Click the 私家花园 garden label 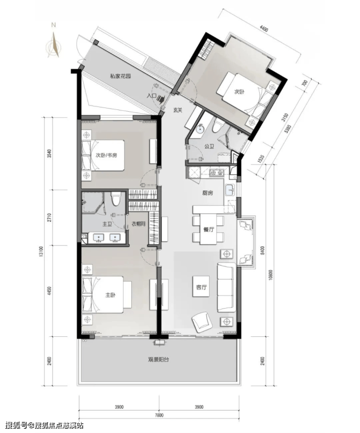point(120,76)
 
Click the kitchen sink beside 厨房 point(230,191)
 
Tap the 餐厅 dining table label point(209,229)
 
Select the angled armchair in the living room point(202,322)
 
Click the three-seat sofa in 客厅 point(226,288)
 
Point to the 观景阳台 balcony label point(159,360)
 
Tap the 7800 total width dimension point(159,415)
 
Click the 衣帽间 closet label point(138,224)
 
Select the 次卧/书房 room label point(106,156)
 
